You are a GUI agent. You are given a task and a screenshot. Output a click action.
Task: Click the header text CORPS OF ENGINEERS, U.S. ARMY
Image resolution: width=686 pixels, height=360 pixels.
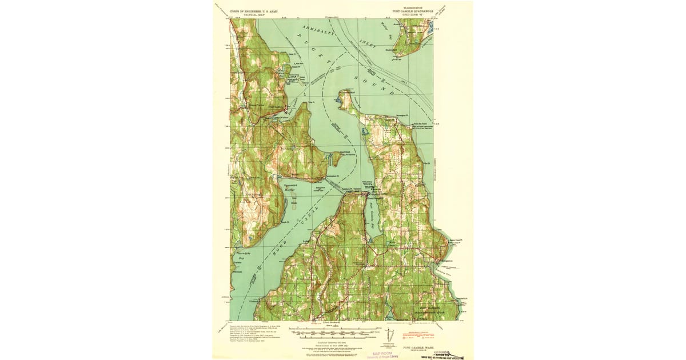coord(254,11)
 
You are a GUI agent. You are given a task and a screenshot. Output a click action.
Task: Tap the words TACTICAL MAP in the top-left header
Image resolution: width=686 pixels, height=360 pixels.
coord(254,14)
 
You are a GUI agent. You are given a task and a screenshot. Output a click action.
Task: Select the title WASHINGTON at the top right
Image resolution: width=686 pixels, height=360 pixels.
coord(413,8)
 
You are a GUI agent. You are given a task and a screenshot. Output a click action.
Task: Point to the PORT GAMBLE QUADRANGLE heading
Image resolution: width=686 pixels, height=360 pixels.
coord(413,11)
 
